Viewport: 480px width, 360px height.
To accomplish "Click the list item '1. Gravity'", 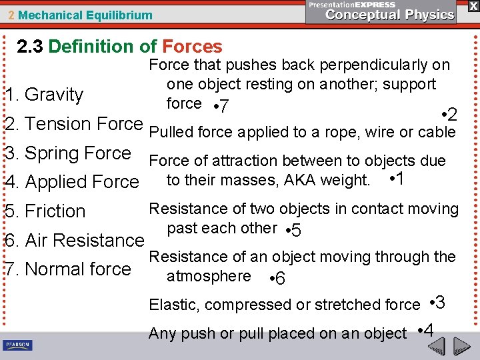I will click(x=45, y=95).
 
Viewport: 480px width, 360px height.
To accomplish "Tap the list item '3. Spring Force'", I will click(x=68, y=153).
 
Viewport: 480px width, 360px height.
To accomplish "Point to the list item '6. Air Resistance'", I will click(x=74, y=240).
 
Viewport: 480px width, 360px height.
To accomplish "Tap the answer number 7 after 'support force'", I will click(x=225, y=107).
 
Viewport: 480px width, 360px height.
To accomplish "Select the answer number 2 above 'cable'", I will click(x=451, y=115).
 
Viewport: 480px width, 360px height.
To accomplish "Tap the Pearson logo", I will click(x=17, y=345).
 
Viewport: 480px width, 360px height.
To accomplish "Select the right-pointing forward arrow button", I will click(x=463, y=346).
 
